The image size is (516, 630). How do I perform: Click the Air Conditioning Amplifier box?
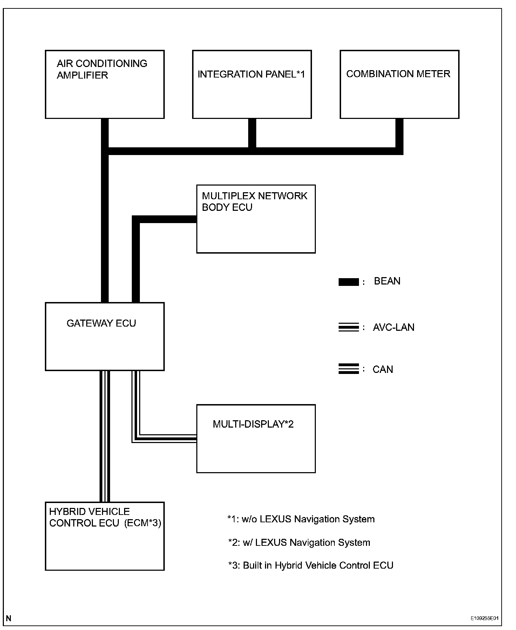coord(105,84)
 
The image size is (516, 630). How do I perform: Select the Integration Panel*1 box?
coord(252,84)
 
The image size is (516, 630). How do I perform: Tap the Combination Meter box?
coord(399,84)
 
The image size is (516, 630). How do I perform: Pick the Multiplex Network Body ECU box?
coord(256,219)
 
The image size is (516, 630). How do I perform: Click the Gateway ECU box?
coord(105,336)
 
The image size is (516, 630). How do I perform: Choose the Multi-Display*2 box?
coord(256,438)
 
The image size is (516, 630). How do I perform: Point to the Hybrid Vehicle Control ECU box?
coord(105,536)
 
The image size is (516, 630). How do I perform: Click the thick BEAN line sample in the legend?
coord(348,282)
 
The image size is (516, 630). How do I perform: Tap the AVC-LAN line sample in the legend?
coord(348,328)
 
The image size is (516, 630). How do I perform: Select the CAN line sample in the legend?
coord(348,369)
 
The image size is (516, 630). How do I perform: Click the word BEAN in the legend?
coord(387,281)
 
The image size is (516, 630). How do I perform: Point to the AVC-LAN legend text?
coord(393,328)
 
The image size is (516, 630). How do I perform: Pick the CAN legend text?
coord(383,369)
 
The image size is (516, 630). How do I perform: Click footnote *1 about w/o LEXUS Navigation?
coord(301,519)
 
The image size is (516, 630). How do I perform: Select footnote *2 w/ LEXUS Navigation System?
coord(299,543)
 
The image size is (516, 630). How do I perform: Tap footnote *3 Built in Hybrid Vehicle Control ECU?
coord(311,565)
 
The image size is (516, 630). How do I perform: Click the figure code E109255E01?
coord(484,618)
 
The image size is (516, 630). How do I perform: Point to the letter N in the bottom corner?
coord(8,618)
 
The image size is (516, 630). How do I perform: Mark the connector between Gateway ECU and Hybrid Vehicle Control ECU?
coord(105,436)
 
